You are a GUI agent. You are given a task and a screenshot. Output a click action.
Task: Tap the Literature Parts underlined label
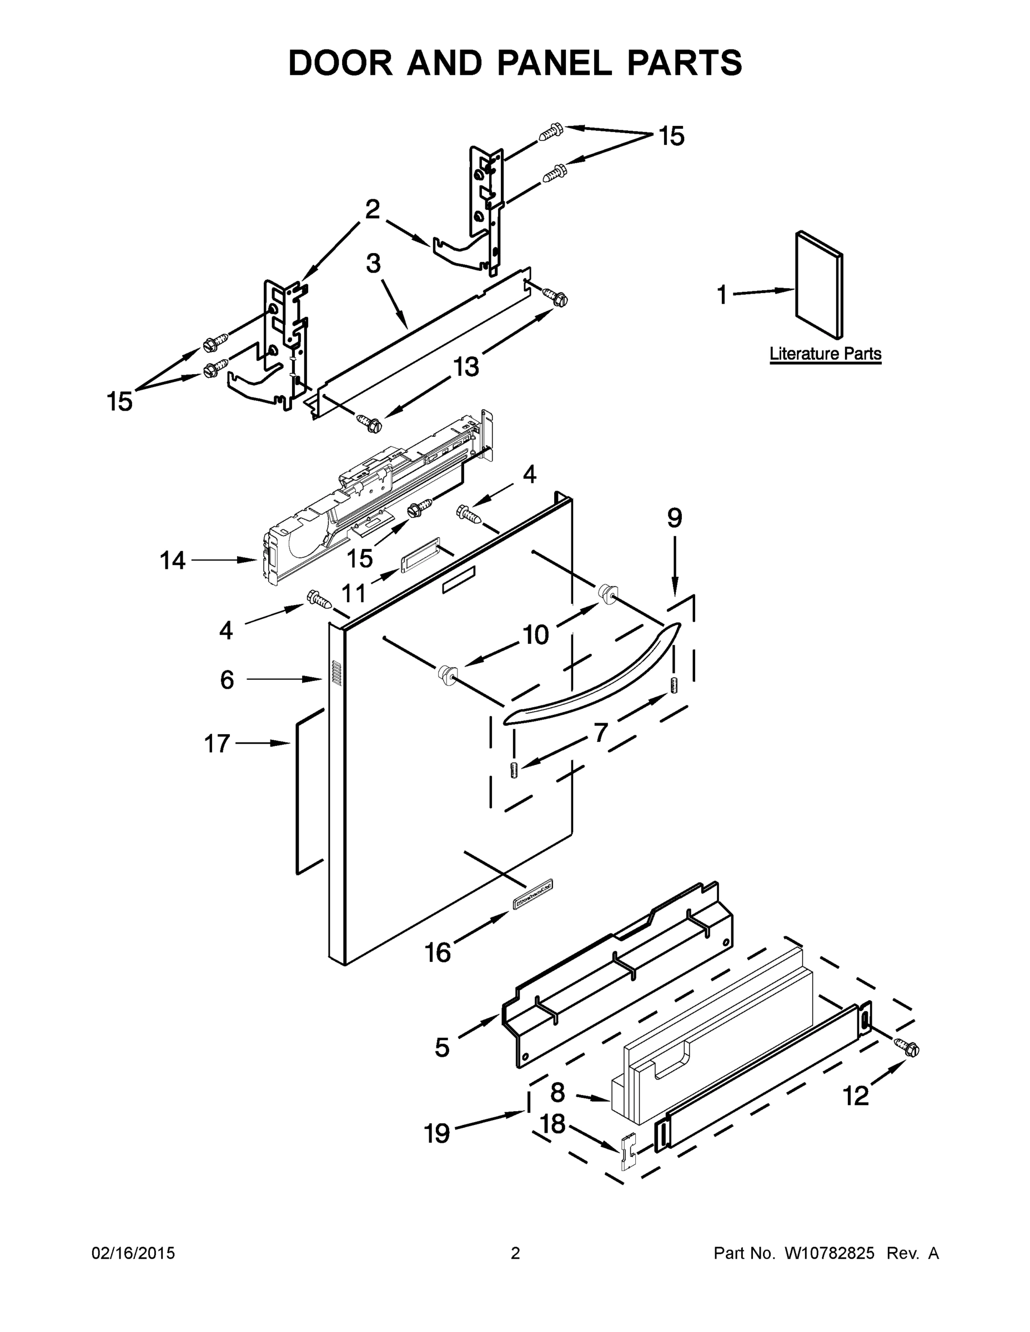pyautogui.click(x=825, y=353)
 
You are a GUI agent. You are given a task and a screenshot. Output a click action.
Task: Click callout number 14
pyautogui.click(x=173, y=560)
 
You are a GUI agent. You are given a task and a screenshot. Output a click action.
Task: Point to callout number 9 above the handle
pyautogui.click(x=674, y=518)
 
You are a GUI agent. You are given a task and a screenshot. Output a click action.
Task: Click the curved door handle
pyautogui.click(x=592, y=678)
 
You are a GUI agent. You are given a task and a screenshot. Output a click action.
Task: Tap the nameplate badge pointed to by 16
pyautogui.click(x=532, y=903)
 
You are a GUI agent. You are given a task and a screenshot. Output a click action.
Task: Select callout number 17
pyautogui.click(x=217, y=744)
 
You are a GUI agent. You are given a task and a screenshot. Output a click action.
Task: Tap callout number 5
pyautogui.click(x=443, y=1047)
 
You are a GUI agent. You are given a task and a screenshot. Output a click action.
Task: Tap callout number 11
pyautogui.click(x=353, y=592)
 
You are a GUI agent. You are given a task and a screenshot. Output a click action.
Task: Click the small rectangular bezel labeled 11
pyautogui.click(x=420, y=555)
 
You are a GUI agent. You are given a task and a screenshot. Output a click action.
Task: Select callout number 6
pyautogui.click(x=227, y=679)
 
